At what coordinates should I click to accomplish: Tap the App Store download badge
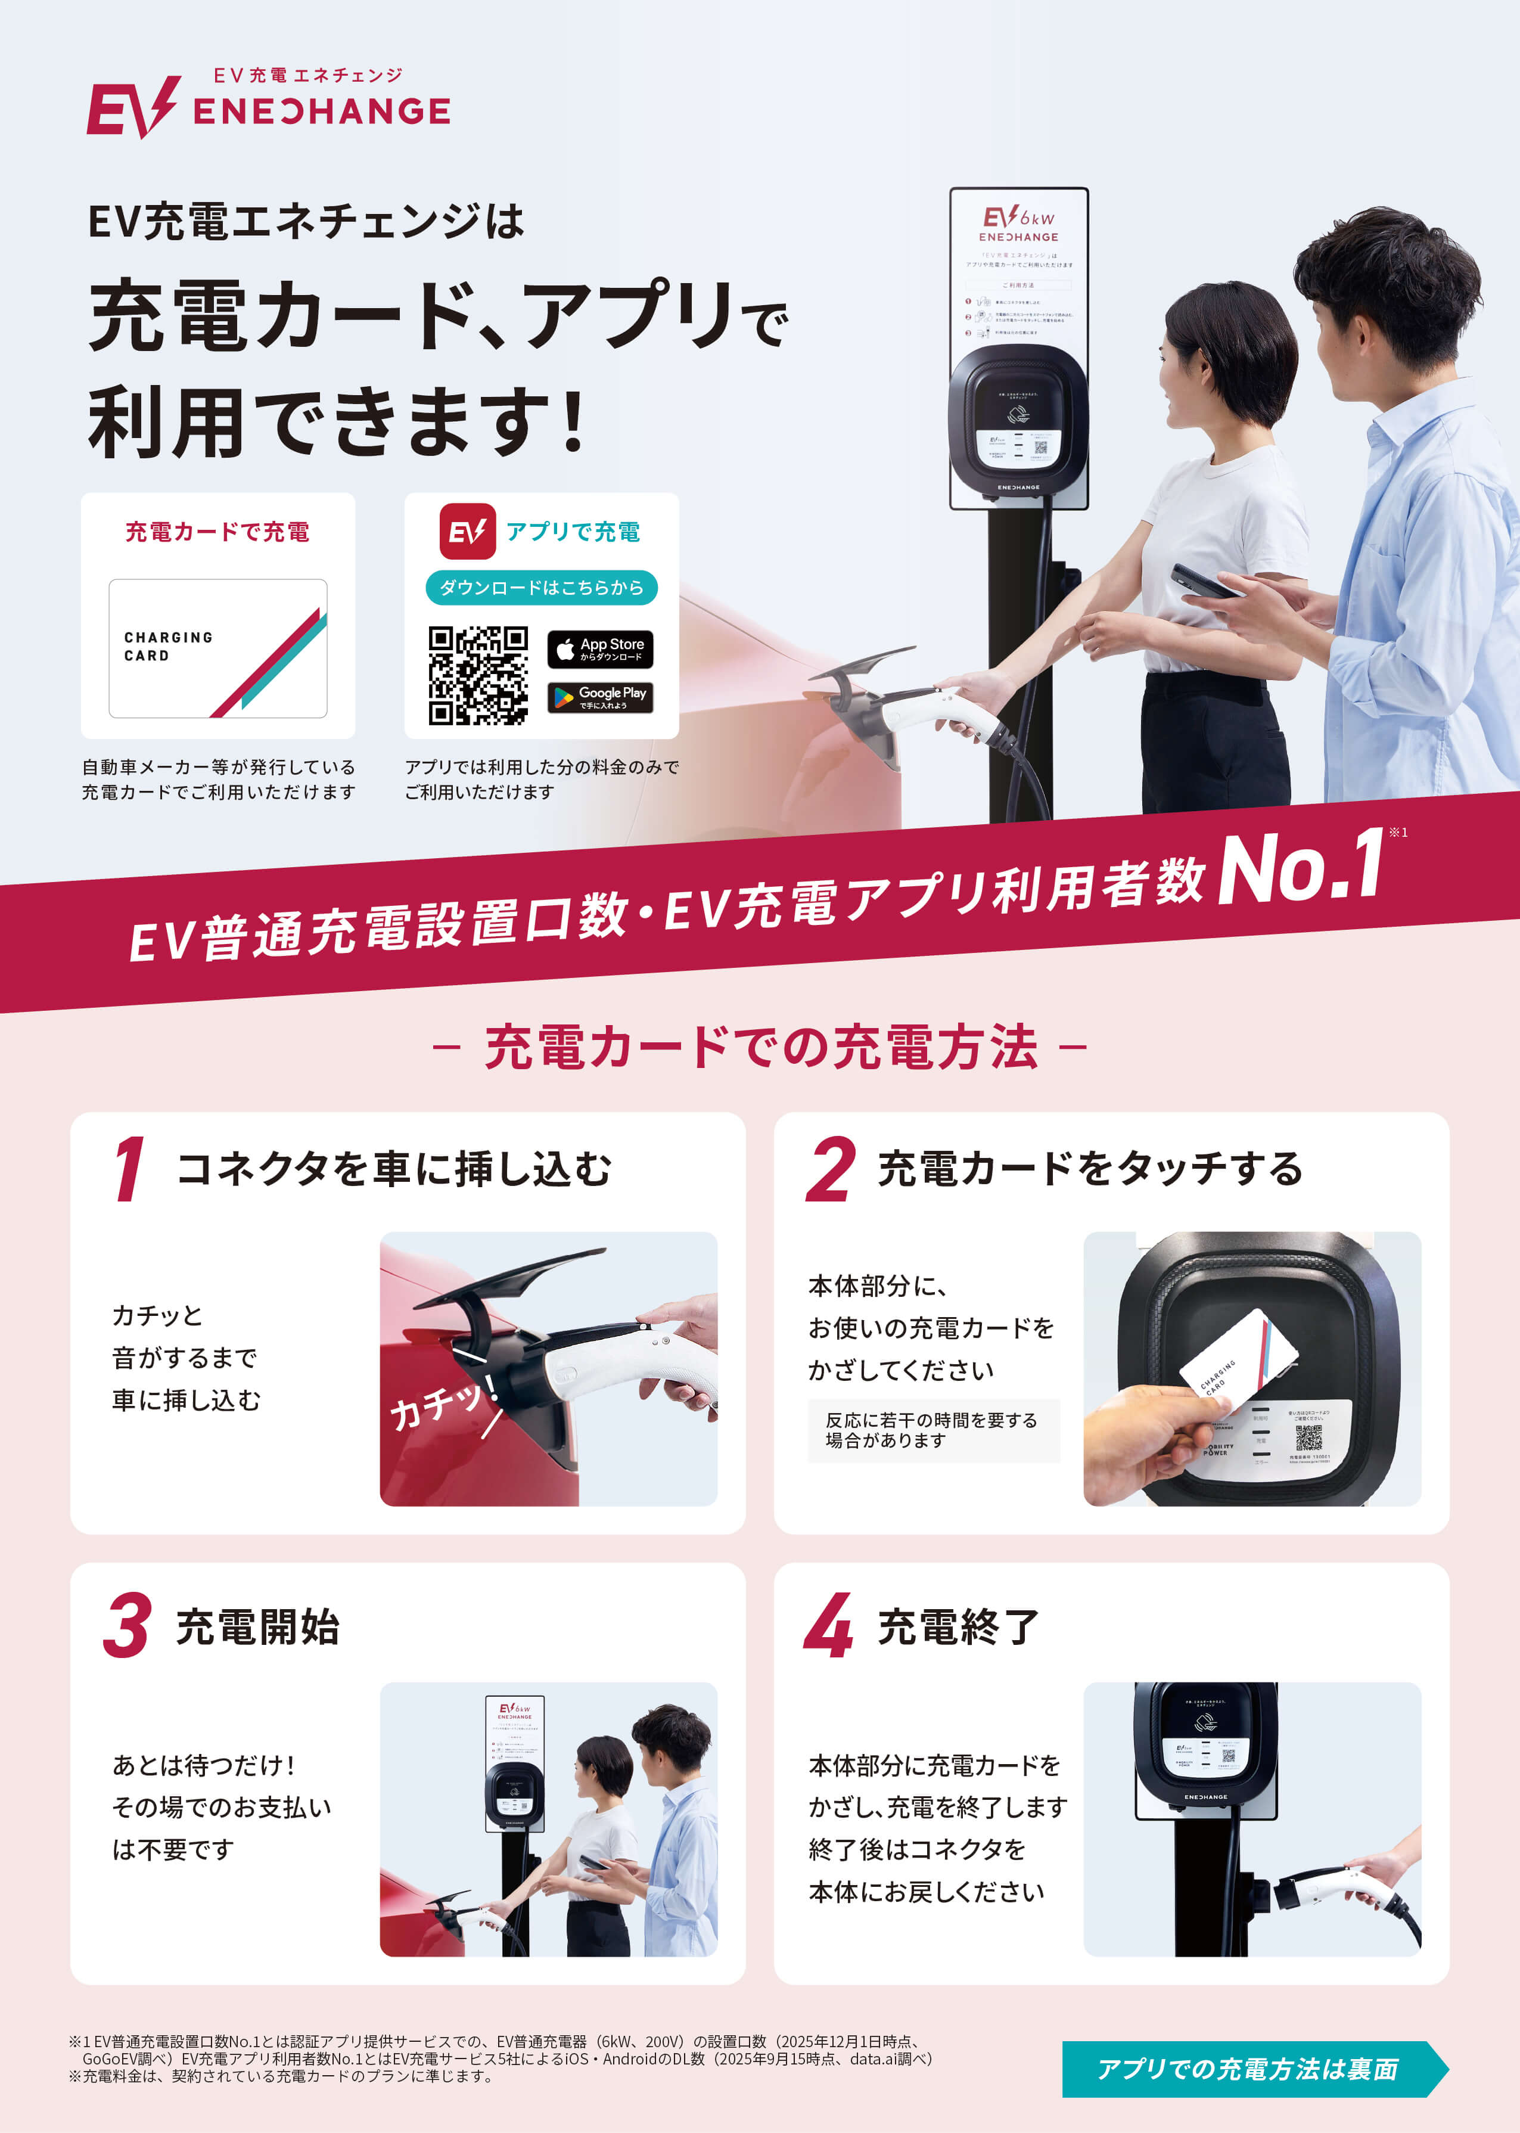[x=600, y=648]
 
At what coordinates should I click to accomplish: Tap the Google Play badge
[x=600, y=696]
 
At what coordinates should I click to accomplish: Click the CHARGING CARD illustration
[x=218, y=648]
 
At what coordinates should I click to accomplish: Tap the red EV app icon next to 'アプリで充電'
[x=467, y=532]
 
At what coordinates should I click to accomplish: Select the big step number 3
[x=128, y=1626]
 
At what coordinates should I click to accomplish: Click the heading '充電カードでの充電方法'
[x=760, y=1047]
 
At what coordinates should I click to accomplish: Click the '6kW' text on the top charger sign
[x=1037, y=218]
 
